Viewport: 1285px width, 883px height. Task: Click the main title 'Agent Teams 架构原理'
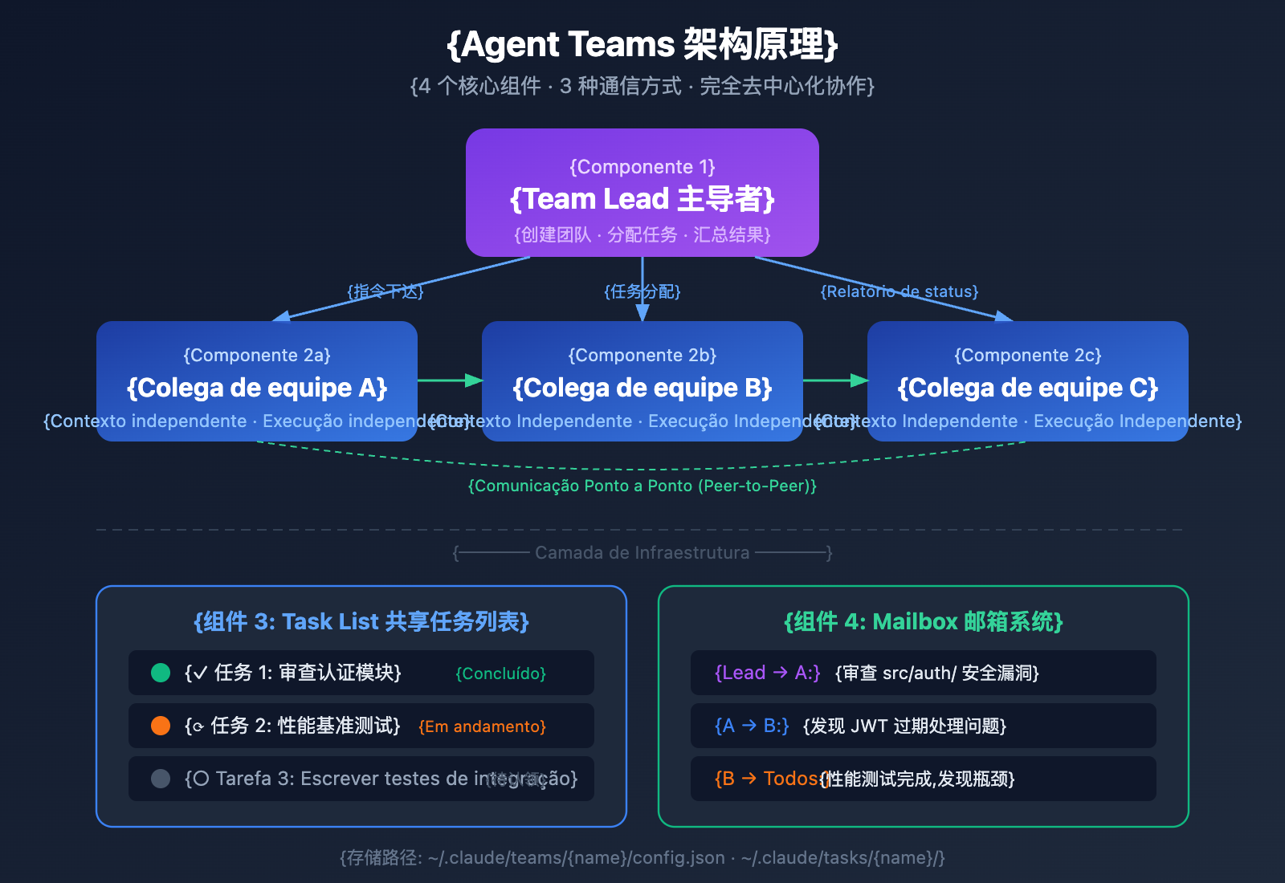pos(642,44)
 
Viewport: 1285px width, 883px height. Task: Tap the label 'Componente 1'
pos(642,167)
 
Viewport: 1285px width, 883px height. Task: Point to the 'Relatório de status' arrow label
pos(899,291)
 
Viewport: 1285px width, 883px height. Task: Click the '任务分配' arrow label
pos(642,291)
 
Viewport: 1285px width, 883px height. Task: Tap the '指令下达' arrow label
pos(385,291)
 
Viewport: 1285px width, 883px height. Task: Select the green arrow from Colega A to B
pos(450,380)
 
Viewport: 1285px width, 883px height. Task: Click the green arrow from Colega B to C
pos(835,380)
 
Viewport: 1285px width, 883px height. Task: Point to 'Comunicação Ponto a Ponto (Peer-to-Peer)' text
pos(642,486)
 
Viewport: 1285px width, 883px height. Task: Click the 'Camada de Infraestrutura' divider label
pos(642,552)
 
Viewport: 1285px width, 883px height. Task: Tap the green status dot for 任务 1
pos(161,673)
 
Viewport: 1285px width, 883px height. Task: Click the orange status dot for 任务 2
pos(161,726)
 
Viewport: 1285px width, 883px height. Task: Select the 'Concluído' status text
pos(500,673)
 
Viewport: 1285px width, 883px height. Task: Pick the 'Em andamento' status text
pos(482,726)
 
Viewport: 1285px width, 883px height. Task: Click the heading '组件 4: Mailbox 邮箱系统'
pos(923,621)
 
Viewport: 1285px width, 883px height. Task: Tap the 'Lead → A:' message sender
pos(767,673)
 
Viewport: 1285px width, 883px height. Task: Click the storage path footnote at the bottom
pos(642,857)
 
